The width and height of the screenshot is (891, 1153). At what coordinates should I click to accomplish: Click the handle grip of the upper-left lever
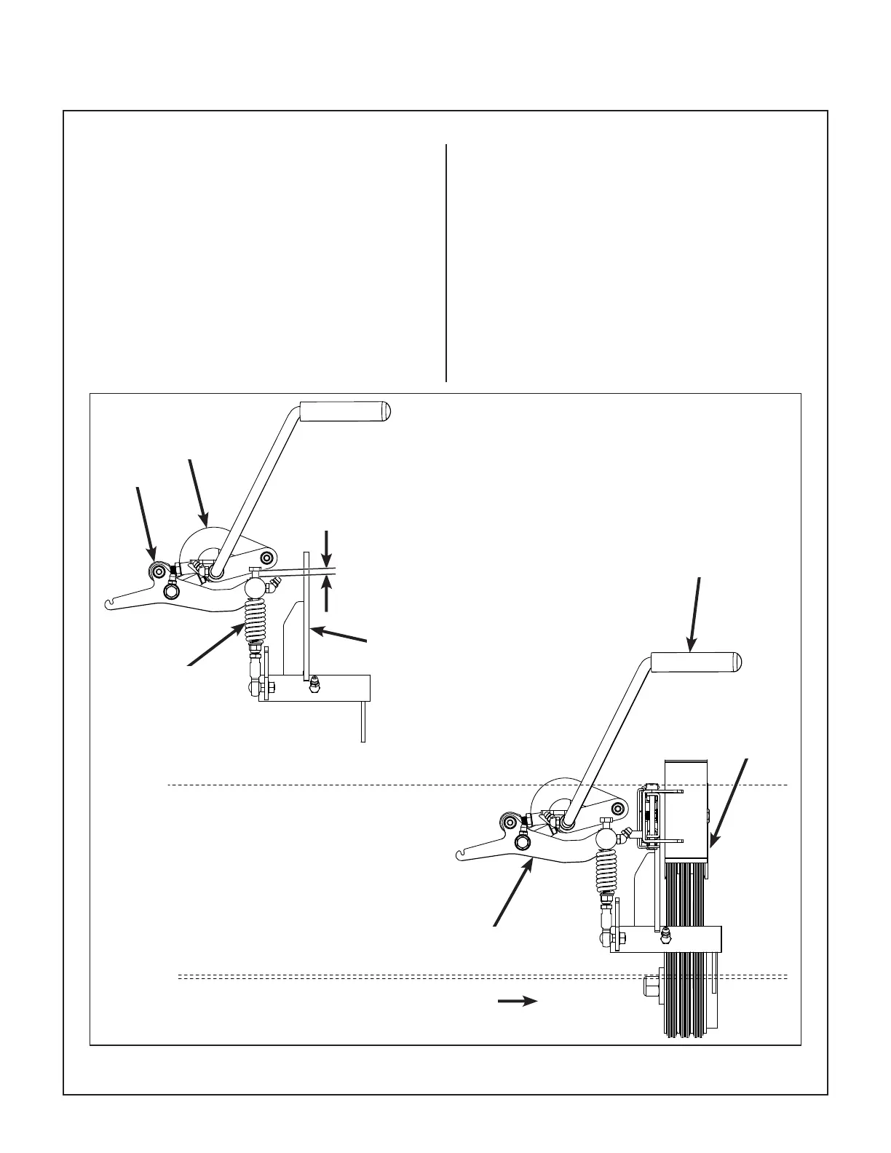click(345, 411)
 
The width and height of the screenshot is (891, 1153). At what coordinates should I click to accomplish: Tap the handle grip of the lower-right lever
click(695, 662)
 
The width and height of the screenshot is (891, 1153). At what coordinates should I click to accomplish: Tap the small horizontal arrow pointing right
click(517, 1002)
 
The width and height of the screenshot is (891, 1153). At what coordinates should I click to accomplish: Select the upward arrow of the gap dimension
click(328, 594)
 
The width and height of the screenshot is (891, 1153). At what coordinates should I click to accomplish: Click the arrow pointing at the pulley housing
click(727, 804)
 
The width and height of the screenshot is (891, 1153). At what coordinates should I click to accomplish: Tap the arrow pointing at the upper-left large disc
click(198, 491)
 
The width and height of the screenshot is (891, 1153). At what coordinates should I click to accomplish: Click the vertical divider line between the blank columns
click(445, 262)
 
